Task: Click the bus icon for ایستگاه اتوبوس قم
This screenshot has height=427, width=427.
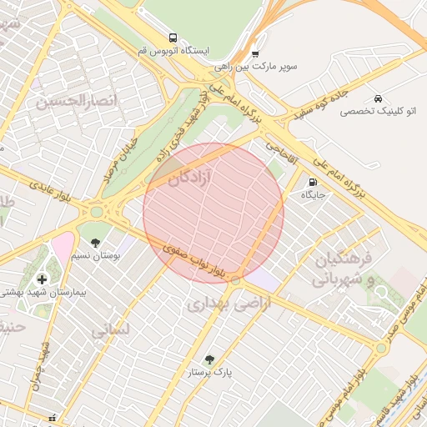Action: [173, 38]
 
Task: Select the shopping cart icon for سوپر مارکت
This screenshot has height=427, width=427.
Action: [255, 53]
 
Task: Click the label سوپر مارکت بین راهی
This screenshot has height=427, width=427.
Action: [255, 65]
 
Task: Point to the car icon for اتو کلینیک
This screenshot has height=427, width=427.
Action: [379, 98]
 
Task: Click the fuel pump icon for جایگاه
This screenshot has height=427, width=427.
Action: [313, 182]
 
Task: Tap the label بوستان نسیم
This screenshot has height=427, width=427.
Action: [97, 255]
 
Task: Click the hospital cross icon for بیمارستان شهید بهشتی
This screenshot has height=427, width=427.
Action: [43, 278]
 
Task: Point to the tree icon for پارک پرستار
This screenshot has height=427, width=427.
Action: [209, 359]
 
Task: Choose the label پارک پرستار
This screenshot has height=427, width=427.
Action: [210, 373]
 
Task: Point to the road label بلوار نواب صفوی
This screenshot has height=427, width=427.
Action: [197, 259]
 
